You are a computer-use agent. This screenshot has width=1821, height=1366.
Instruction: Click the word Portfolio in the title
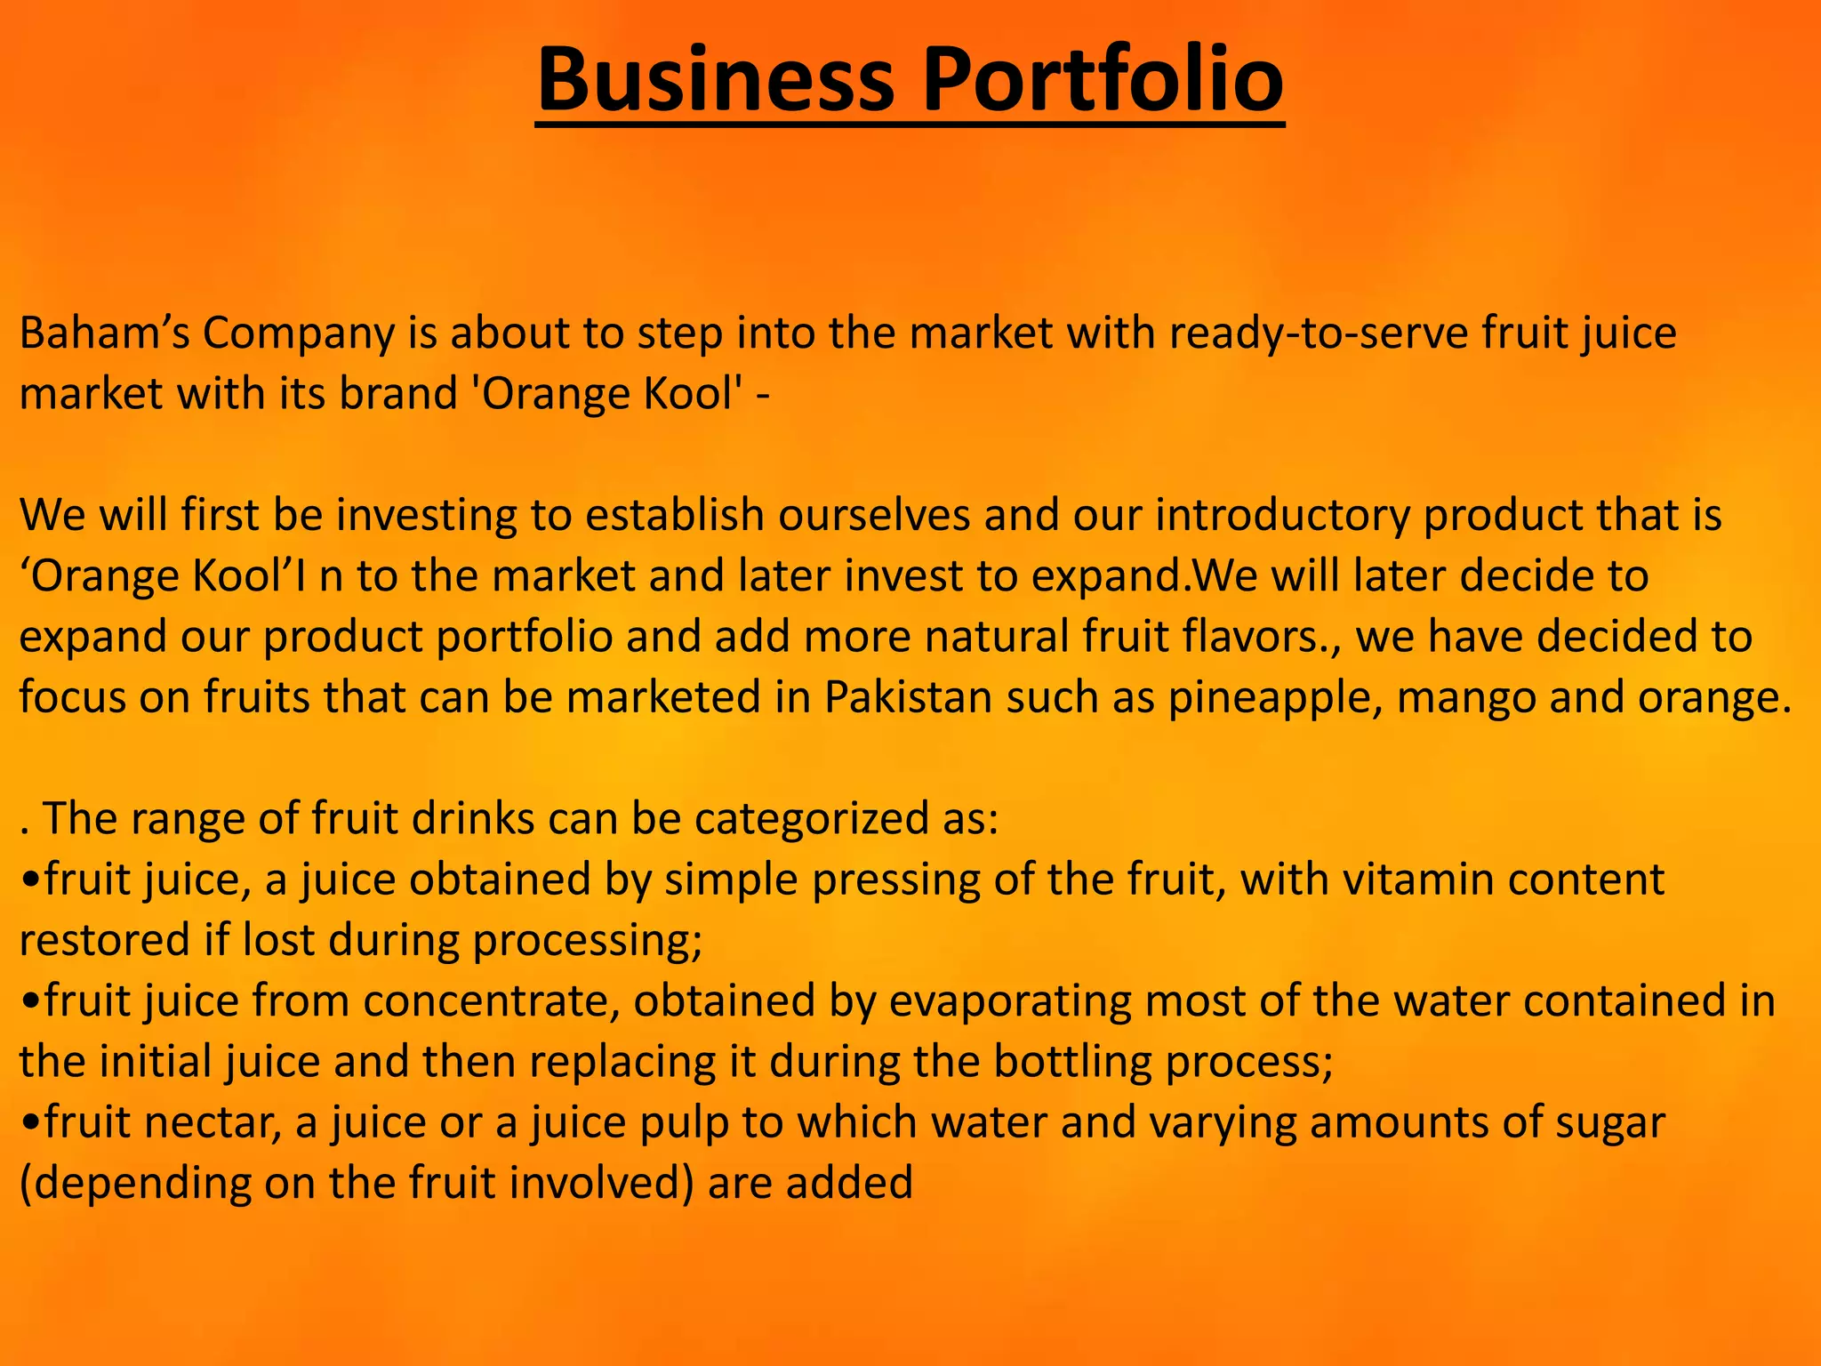click(1103, 80)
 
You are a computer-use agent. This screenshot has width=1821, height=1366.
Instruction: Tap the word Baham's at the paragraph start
click(103, 333)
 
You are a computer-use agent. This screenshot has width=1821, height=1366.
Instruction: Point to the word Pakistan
click(908, 697)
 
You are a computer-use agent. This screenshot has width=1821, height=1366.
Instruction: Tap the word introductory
click(1281, 516)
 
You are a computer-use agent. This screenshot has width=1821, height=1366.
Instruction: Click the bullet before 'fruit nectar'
click(31, 1123)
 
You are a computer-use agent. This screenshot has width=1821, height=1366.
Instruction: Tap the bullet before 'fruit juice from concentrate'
click(31, 1001)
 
